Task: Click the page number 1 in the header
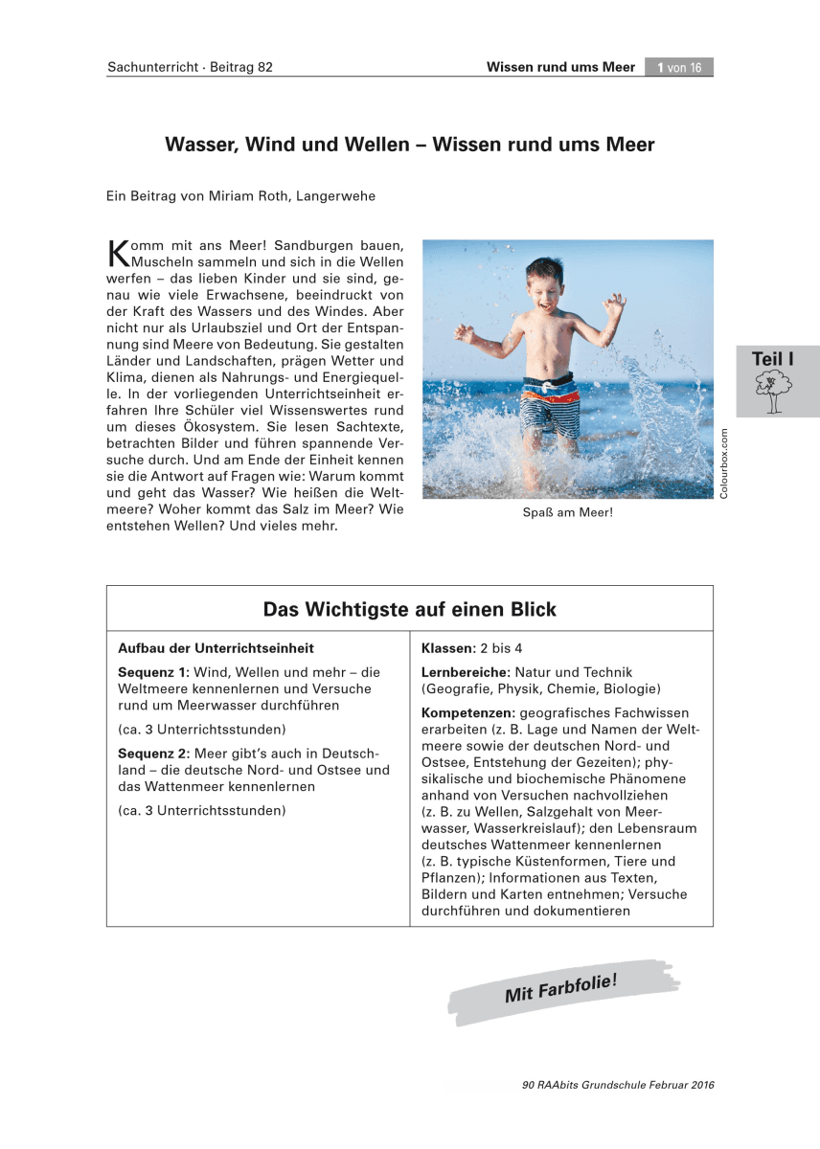(661, 67)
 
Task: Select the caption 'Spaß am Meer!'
(567, 512)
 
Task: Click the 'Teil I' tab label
(772, 359)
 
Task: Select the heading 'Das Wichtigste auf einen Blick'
(409, 610)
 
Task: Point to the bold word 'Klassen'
(448, 648)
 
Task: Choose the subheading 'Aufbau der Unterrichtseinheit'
(216, 648)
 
